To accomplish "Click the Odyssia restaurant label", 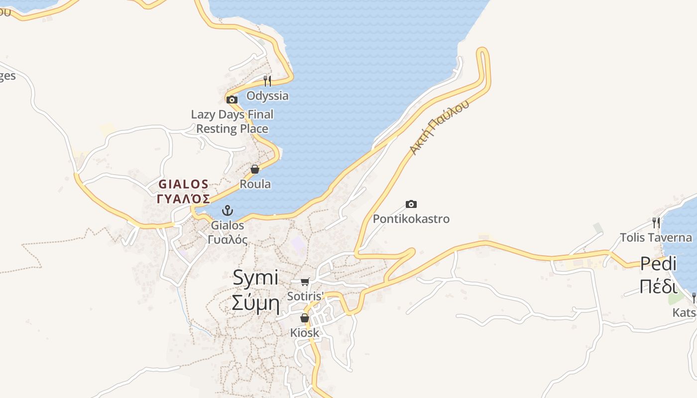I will pyautogui.click(x=267, y=96).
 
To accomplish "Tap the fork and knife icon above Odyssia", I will pyautogui.click(x=267, y=81).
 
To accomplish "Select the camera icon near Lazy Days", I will pyautogui.click(x=232, y=99).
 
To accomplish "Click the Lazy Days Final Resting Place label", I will pyautogui.click(x=232, y=121).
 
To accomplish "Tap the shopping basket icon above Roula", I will pyautogui.click(x=255, y=169).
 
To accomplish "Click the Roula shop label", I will pyautogui.click(x=255, y=184).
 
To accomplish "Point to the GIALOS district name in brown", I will pyautogui.click(x=183, y=184).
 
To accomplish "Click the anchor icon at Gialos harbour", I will pyautogui.click(x=228, y=210).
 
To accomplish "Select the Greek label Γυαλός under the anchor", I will pyautogui.click(x=228, y=239).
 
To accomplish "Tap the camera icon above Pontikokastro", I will pyautogui.click(x=411, y=204).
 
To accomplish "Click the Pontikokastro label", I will pyautogui.click(x=411, y=219).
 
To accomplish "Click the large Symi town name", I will pyautogui.click(x=255, y=278).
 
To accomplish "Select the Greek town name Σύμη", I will pyautogui.click(x=255, y=302).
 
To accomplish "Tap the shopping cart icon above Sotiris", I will pyautogui.click(x=305, y=282).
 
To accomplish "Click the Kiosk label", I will pyautogui.click(x=304, y=333).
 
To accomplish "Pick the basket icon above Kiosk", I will pyautogui.click(x=304, y=318).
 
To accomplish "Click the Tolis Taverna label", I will pyautogui.click(x=656, y=237).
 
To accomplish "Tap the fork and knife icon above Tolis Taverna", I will pyautogui.click(x=656, y=222).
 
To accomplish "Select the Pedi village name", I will pyautogui.click(x=658, y=263).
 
